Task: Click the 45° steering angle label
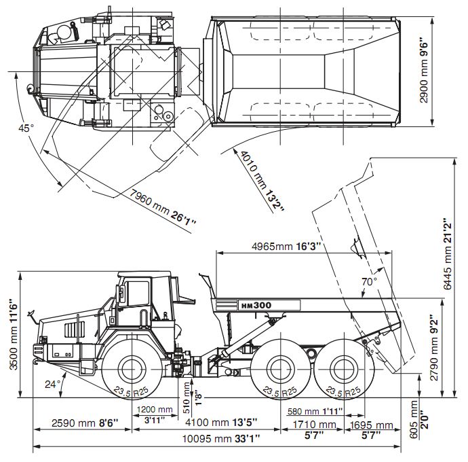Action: click(26, 127)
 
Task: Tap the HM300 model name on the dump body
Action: click(256, 305)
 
